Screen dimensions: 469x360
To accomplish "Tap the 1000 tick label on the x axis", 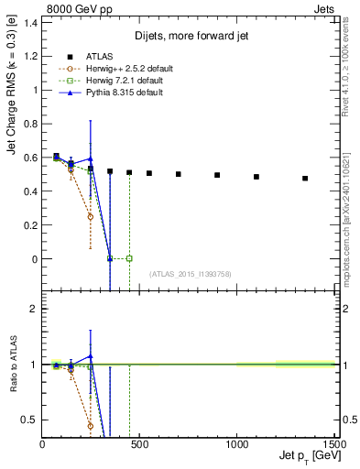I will [x=236, y=443].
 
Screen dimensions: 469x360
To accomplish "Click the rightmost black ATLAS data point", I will [x=305, y=178].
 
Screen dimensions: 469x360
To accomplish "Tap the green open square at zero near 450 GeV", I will [x=129, y=258].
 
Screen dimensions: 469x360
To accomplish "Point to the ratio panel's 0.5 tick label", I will [x=30, y=420].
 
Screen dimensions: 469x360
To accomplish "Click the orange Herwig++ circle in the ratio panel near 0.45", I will [x=91, y=426].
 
